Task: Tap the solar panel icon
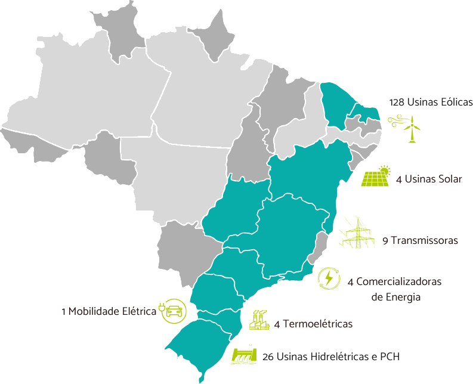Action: pos(376,177)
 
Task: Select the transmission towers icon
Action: pos(357,233)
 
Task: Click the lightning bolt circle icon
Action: pos(329,278)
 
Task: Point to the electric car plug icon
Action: pos(172,311)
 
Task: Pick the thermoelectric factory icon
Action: pos(259,320)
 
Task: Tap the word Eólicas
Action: pos(456,102)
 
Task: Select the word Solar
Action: pos(449,179)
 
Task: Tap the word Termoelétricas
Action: pos(318,324)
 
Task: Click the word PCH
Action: pos(387,357)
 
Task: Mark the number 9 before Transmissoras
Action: pos(385,240)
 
